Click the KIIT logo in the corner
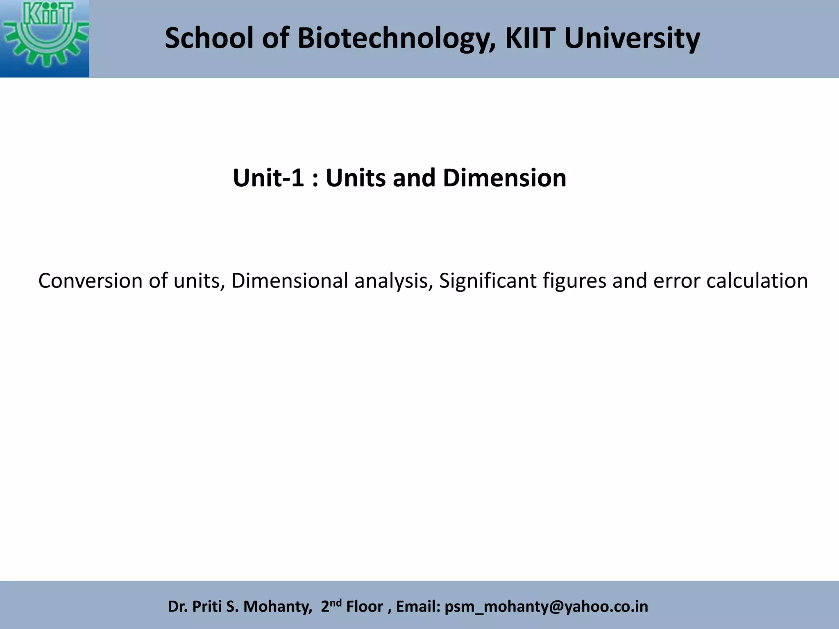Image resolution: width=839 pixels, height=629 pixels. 44,38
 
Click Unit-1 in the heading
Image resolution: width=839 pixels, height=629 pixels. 268,178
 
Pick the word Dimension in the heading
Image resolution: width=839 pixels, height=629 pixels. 504,178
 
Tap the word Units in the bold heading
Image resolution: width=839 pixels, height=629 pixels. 356,178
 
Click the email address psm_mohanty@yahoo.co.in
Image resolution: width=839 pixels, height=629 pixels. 546,606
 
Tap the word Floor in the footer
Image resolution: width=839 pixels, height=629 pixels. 365,606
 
